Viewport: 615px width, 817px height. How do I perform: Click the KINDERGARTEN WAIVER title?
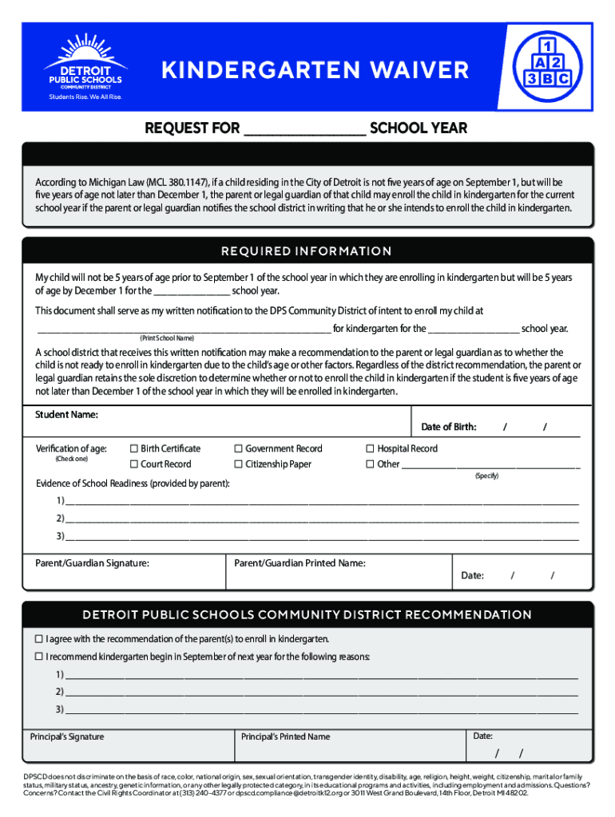pyautogui.click(x=315, y=71)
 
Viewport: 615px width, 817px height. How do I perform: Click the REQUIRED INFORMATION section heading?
pyautogui.click(x=306, y=251)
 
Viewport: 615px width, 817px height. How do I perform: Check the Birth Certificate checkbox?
pyautogui.click(x=134, y=449)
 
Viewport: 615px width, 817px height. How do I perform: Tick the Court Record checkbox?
pyautogui.click(x=134, y=464)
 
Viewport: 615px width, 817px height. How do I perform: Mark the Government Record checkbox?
pyautogui.click(x=238, y=449)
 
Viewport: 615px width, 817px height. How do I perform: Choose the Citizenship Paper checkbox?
pyautogui.click(x=238, y=464)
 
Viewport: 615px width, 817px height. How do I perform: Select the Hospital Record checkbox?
pyautogui.click(x=370, y=449)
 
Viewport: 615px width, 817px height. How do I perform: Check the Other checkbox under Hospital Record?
pyautogui.click(x=370, y=464)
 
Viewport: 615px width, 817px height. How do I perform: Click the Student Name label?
pyautogui.click(x=66, y=415)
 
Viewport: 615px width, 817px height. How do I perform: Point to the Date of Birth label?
pyautogui.click(x=448, y=427)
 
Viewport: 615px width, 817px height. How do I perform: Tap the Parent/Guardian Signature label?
pyautogui.click(x=93, y=563)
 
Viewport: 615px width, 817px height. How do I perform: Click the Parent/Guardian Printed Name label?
pyautogui.click(x=300, y=563)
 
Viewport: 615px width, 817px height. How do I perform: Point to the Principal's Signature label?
pyautogui.click(x=67, y=736)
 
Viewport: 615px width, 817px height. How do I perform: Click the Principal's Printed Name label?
pyautogui.click(x=285, y=736)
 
